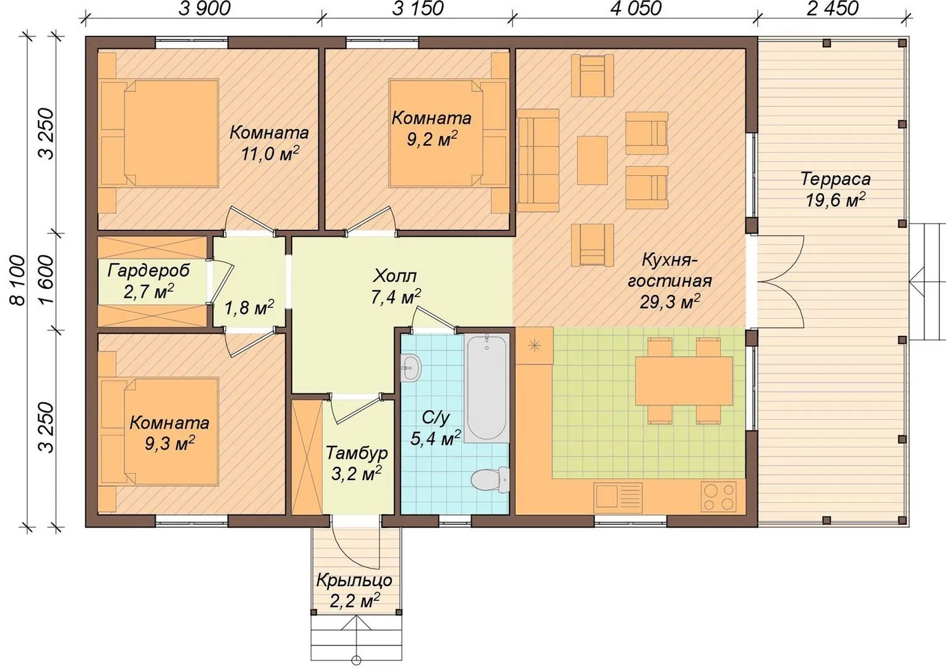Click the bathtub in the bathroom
point(487,388)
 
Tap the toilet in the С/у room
point(490,479)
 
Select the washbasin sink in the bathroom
point(410,368)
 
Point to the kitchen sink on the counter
point(618,496)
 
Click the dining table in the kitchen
point(683,380)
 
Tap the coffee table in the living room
point(592,160)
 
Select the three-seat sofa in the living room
point(539,159)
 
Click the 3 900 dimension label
point(204,9)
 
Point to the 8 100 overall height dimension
point(19,280)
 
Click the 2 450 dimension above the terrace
point(833,9)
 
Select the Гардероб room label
point(148,270)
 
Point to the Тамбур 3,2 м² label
point(357,463)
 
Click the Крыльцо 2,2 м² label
point(354,590)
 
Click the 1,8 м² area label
point(249,307)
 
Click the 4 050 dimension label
point(636,9)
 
